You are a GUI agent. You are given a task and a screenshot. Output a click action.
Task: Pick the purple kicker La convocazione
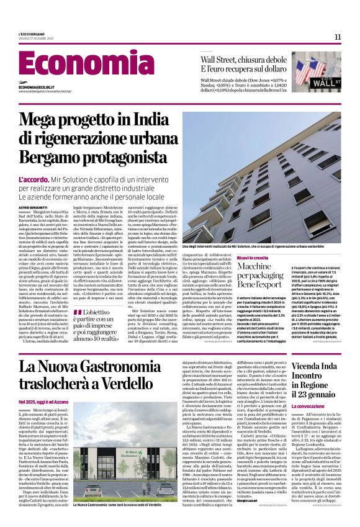294,407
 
